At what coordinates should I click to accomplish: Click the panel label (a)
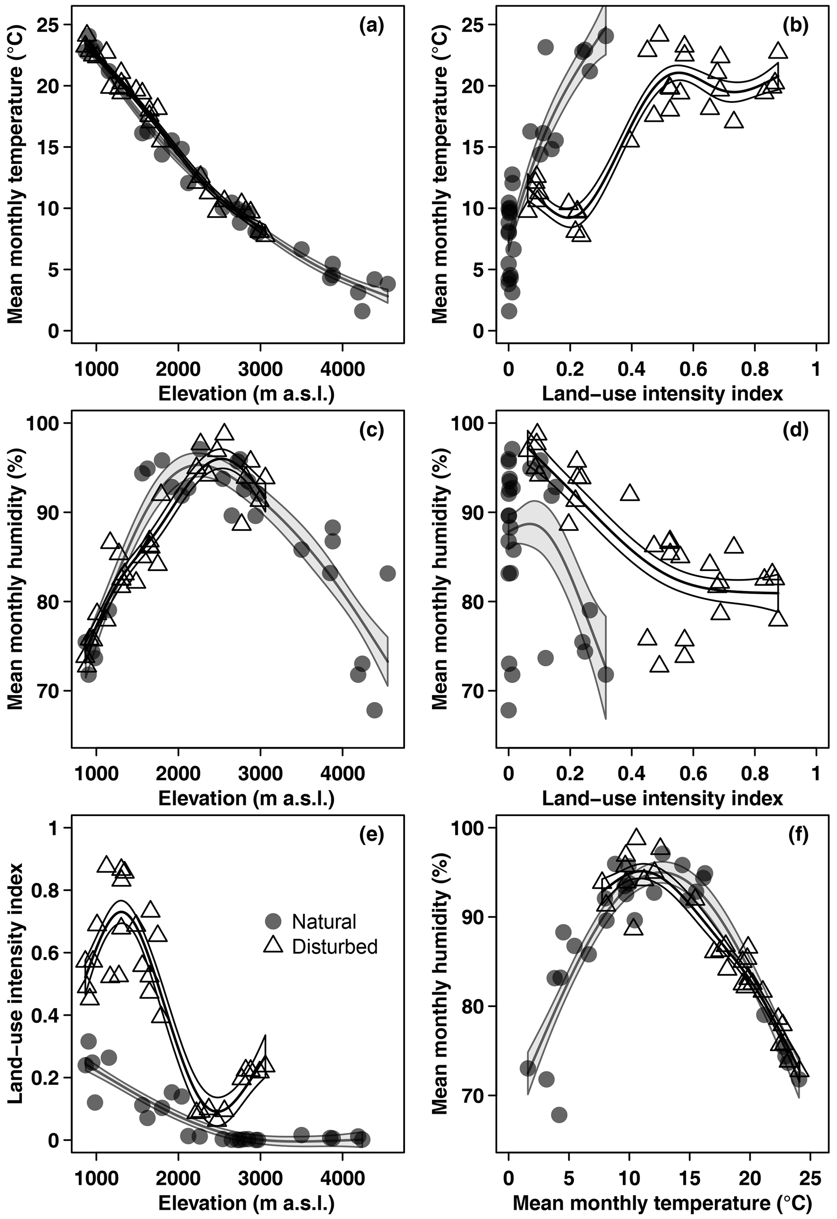pyautogui.click(x=371, y=25)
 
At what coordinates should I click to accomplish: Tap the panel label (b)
pyautogui.click(x=795, y=25)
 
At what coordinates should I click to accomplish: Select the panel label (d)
pyautogui.click(x=795, y=430)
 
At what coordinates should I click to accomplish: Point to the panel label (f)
pyautogui.click(x=795, y=835)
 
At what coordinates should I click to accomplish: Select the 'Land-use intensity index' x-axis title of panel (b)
pyautogui.click(x=662, y=393)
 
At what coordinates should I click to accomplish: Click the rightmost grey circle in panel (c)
pyautogui.click(x=387, y=573)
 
